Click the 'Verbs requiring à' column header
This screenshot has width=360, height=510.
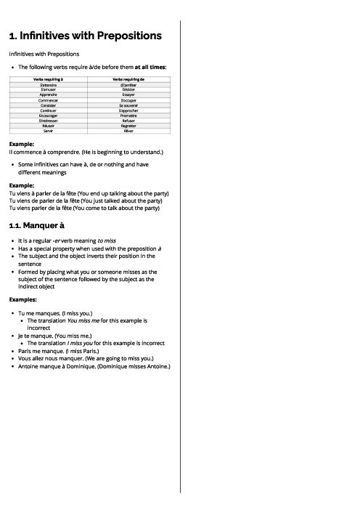click(x=49, y=78)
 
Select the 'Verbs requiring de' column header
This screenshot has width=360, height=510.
click(x=128, y=78)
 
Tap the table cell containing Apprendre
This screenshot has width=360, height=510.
click(x=49, y=94)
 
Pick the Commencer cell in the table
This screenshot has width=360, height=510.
click(x=49, y=100)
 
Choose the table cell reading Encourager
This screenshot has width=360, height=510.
click(x=49, y=115)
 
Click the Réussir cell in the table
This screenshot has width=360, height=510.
click(x=49, y=125)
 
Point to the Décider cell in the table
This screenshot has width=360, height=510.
click(x=128, y=89)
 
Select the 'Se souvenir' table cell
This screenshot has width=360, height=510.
click(x=128, y=105)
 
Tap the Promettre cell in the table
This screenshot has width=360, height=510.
click(x=128, y=115)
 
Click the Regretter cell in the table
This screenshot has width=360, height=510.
click(x=128, y=125)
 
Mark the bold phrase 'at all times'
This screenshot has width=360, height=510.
click(x=150, y=67)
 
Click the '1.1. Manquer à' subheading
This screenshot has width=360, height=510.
click(x=38, y=226)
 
